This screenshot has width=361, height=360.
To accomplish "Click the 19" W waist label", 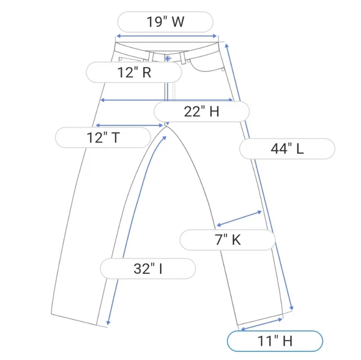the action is tap(166, 22).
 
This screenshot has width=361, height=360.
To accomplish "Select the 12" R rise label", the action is tap(134, 72).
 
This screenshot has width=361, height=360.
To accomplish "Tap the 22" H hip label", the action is tap(202, 111).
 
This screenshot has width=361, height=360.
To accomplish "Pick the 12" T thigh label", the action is tap(103, 137).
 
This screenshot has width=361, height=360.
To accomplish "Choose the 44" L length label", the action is tap(287, 149).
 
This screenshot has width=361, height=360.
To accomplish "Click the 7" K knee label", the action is tap(227, 240).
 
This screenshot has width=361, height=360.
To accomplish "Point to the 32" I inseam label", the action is tap(148, 269).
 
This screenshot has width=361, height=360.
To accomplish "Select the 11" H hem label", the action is tap(275, 341).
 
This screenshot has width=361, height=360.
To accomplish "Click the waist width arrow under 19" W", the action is tap(166, 36).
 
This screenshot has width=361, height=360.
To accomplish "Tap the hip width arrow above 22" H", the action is tap(167, 100).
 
